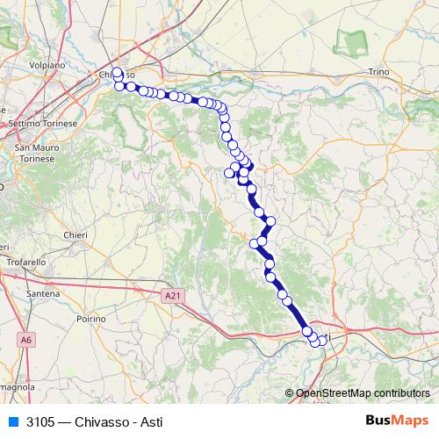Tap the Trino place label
click(x=378, y=71)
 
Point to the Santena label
click(x=43, y=291)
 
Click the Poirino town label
click(x=91, y=319)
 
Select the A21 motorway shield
click(x=173, y=298)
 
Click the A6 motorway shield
click(x=27, y=339)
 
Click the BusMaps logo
click(x=396, y=421)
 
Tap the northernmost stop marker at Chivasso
click(x=117, y=72)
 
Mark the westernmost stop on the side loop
click(x=230, y=173)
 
